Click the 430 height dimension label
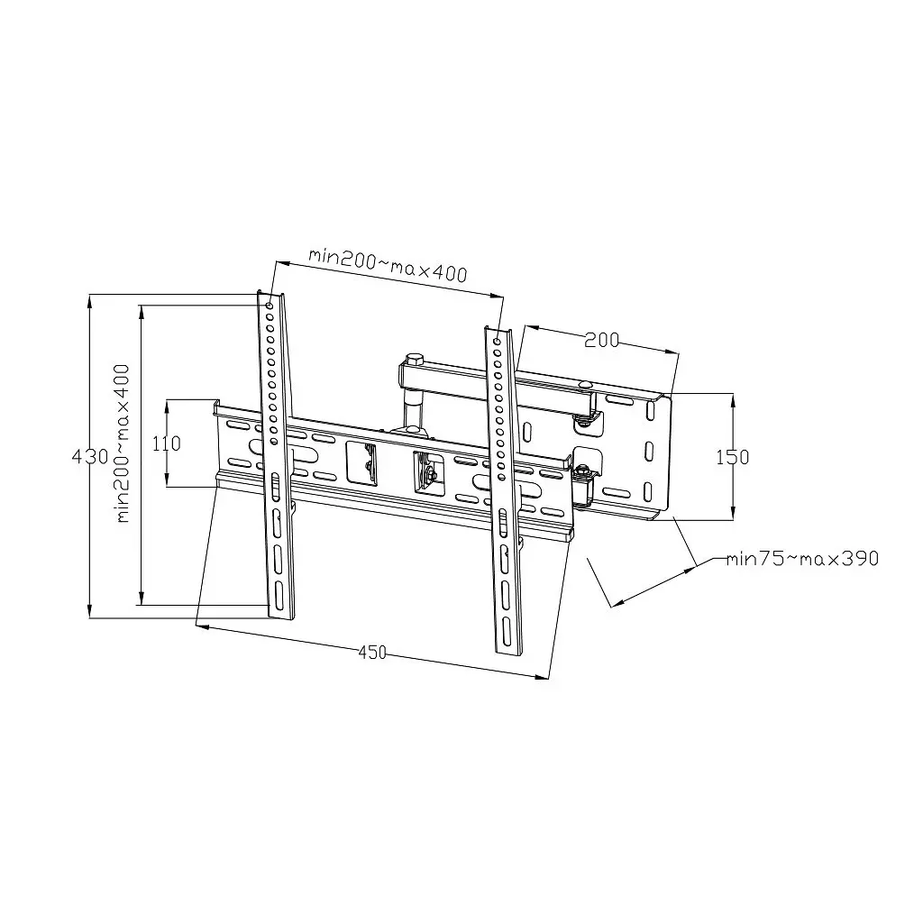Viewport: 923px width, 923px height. click(91, 456)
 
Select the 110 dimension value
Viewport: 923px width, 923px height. click(167, 443)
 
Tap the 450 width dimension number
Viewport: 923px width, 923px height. click(372, 653)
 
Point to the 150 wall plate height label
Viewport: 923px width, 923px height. click(733, 457)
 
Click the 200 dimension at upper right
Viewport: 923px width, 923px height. click(601, 340)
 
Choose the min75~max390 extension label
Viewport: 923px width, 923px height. click(802, 558)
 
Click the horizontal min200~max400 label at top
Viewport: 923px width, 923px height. click(388, 266)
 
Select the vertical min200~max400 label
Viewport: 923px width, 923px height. click(123, 443)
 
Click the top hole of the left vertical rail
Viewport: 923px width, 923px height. click(269, 305)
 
